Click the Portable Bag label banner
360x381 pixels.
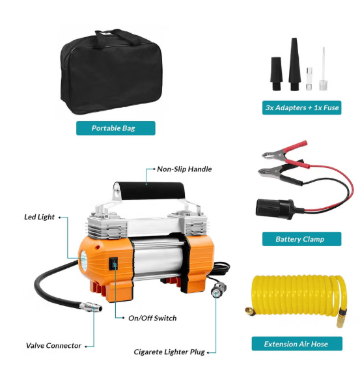(x=116, y=128)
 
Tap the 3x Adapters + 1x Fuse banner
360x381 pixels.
(x=301, y=107)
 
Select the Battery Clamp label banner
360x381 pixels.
(x=301, y=239)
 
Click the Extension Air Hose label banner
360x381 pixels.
(x=297, y=344)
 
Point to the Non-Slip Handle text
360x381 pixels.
(x=184, y=169)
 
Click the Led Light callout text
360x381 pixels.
(x=39, y=217)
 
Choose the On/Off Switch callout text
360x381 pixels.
(x=152, y=318)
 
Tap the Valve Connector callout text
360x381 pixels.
(x=53, y=346)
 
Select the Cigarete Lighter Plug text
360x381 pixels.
(x=169, y=352)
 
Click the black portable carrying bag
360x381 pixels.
(x=111, y=73)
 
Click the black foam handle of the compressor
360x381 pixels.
(x=152, y=191)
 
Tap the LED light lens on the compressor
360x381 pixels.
(x=83, y=261)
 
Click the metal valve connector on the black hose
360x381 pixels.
(x=91, y=307)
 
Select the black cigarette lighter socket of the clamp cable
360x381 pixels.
(x=276, y=208)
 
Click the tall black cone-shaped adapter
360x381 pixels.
(x=294, y=64)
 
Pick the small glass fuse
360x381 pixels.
(x=309, y=79)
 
